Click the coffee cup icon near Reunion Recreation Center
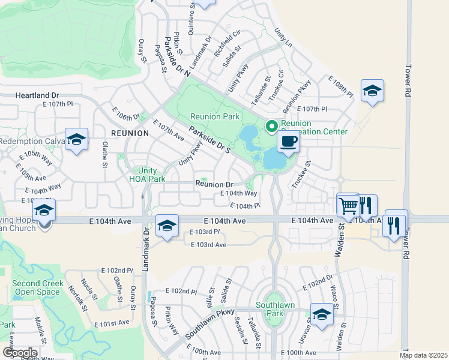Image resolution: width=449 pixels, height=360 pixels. click(x=289, y=142)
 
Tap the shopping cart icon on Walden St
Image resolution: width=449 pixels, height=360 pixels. click(x=348, y=205)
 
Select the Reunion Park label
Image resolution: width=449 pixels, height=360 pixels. click(x=215, y=117)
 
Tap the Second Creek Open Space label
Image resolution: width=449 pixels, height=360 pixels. click(x=37, y=287)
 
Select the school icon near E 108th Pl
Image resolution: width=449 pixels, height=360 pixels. click(x=372, y=91)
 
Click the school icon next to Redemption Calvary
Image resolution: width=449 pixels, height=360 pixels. click(x=76, y=140)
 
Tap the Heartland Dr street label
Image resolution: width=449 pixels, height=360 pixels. click(x=37, y=95)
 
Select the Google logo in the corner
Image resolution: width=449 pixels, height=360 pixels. click(x=20, y=353)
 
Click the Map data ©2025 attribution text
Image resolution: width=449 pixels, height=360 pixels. click(x=424, y=355)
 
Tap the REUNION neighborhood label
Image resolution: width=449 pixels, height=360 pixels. click(x=130, y=133)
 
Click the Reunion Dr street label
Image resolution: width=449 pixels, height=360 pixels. click(x=212, y=184)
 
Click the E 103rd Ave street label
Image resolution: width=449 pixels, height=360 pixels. click(x=208, y=245)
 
